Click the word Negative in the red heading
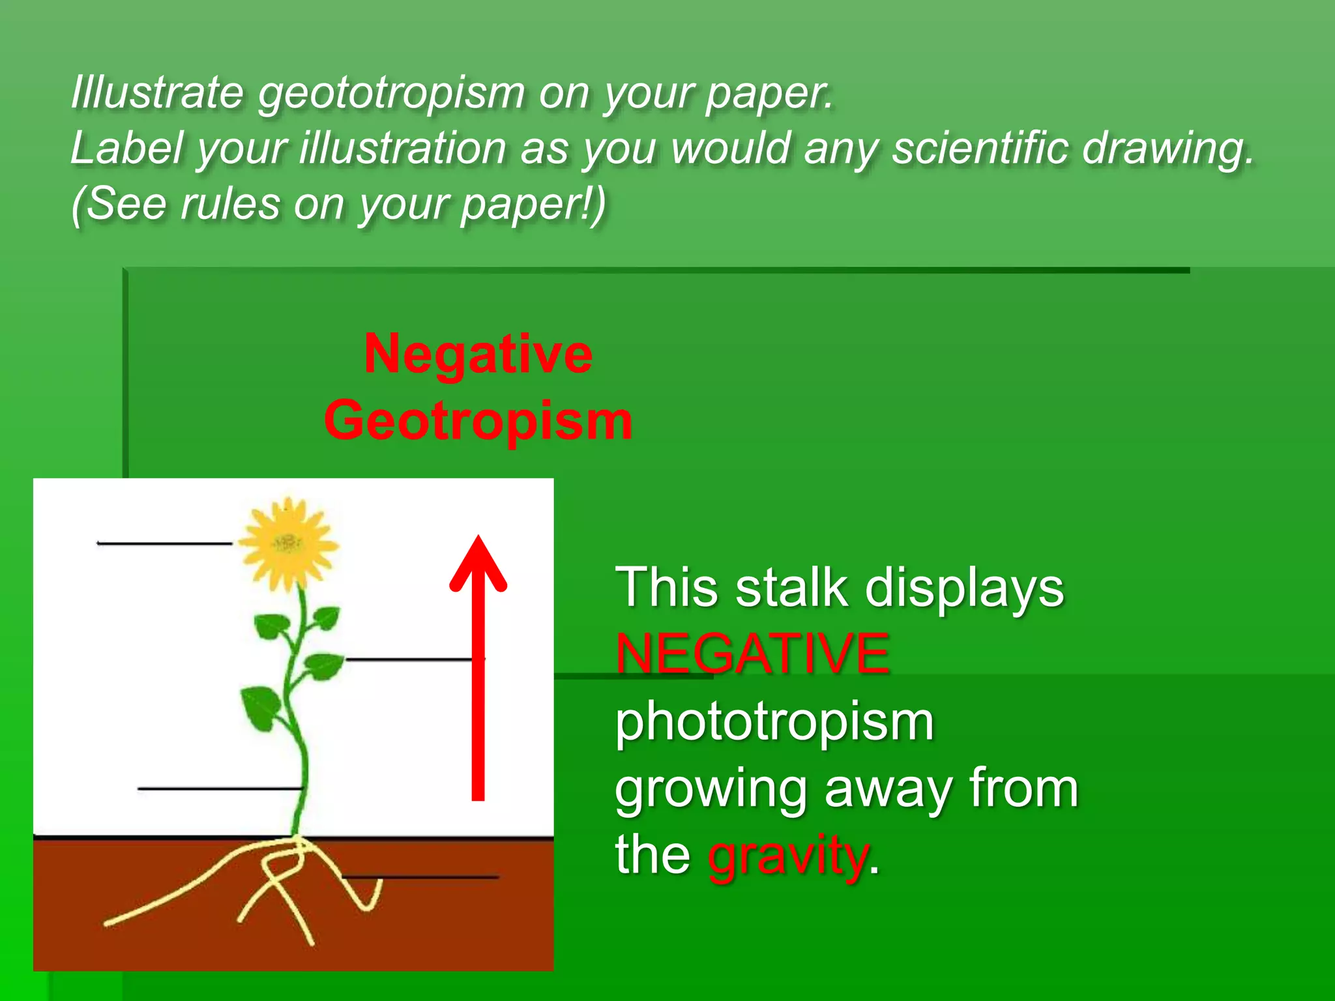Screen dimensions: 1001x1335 pos(478,354)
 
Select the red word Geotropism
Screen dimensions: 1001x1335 pos(478,420)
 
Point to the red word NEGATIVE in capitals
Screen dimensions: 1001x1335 pos(752,654)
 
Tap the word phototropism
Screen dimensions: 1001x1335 pos(774,721)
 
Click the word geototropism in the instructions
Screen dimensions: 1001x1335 pos(392,93)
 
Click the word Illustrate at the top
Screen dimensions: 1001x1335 pos(156,93)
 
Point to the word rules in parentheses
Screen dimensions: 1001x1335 pos(231,204)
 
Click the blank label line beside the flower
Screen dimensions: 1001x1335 pos(164,543)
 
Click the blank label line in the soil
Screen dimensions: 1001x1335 pos(420,877)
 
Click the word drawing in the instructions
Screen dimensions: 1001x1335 pos(1167,148)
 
